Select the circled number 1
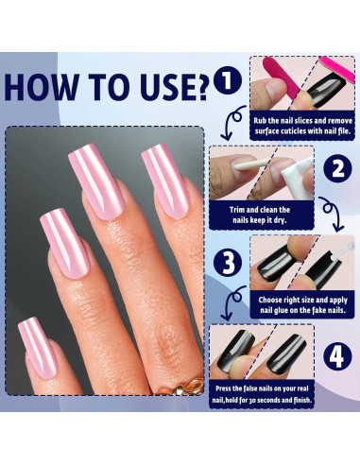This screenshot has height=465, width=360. [226, 80]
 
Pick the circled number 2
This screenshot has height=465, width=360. [336, 171]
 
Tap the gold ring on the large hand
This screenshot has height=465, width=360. [183, 385]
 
